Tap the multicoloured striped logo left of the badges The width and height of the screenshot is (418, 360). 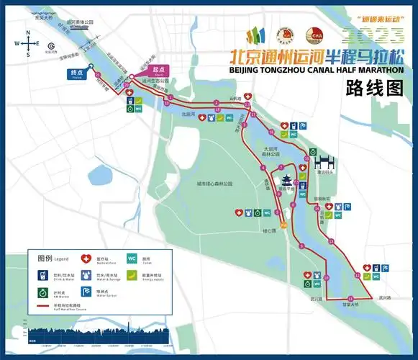256,35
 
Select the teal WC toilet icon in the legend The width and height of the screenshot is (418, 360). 132,257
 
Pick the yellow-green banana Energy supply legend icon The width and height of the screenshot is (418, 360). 132,274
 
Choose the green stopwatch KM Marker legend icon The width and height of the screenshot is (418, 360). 42,292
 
